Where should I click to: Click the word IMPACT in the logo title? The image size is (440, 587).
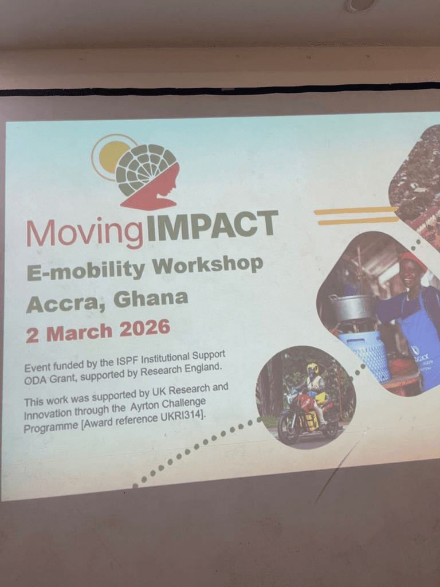click(x=213, y=225)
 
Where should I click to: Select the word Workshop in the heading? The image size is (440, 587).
click(x=207, y=265)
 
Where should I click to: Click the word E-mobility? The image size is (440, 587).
click(x=86, y=271)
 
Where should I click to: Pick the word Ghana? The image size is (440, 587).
click(x=151, y=299)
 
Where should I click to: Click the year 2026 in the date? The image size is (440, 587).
click(x=144, y=328)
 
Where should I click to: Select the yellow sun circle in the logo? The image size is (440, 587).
click(x=109, y=157)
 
